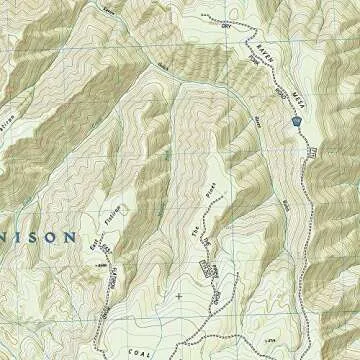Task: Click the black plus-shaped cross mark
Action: pos(179,296)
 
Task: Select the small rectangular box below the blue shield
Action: pos(313,152)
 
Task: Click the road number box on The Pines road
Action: pos(208,268)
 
